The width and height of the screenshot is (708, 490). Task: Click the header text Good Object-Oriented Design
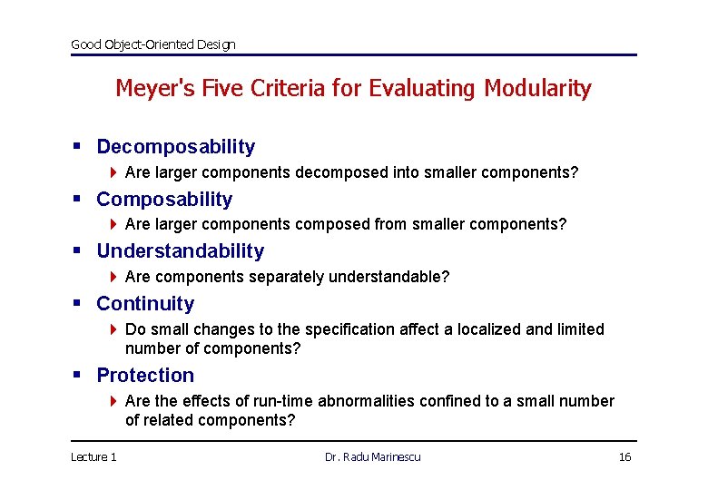152,44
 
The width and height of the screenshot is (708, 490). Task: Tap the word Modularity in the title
537,89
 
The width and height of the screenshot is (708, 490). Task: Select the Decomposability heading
175,147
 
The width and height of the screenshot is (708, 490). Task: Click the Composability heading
164,200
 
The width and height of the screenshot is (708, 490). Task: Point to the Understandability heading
180,251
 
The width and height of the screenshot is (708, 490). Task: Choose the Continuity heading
145,304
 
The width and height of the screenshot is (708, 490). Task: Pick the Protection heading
145,376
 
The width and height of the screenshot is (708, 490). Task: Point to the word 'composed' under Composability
338,224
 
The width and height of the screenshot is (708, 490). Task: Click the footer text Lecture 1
93,456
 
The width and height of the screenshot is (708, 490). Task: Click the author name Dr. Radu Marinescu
372,456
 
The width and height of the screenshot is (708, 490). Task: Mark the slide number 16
624,456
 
